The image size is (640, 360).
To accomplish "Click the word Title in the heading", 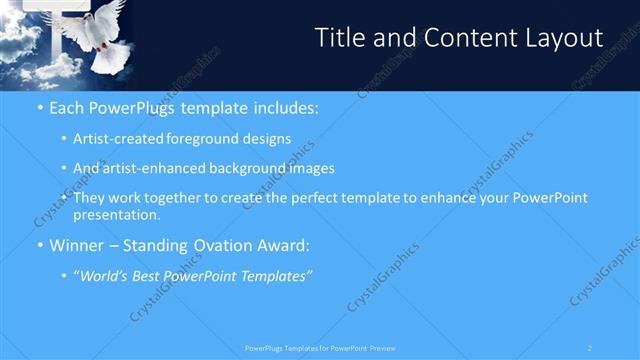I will [x=337, y=38].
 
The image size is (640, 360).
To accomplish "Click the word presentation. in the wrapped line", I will [x=116, y=215].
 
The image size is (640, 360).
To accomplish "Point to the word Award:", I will [x=284, y=245].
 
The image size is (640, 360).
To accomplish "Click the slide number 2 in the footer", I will [x=591, y=348].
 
